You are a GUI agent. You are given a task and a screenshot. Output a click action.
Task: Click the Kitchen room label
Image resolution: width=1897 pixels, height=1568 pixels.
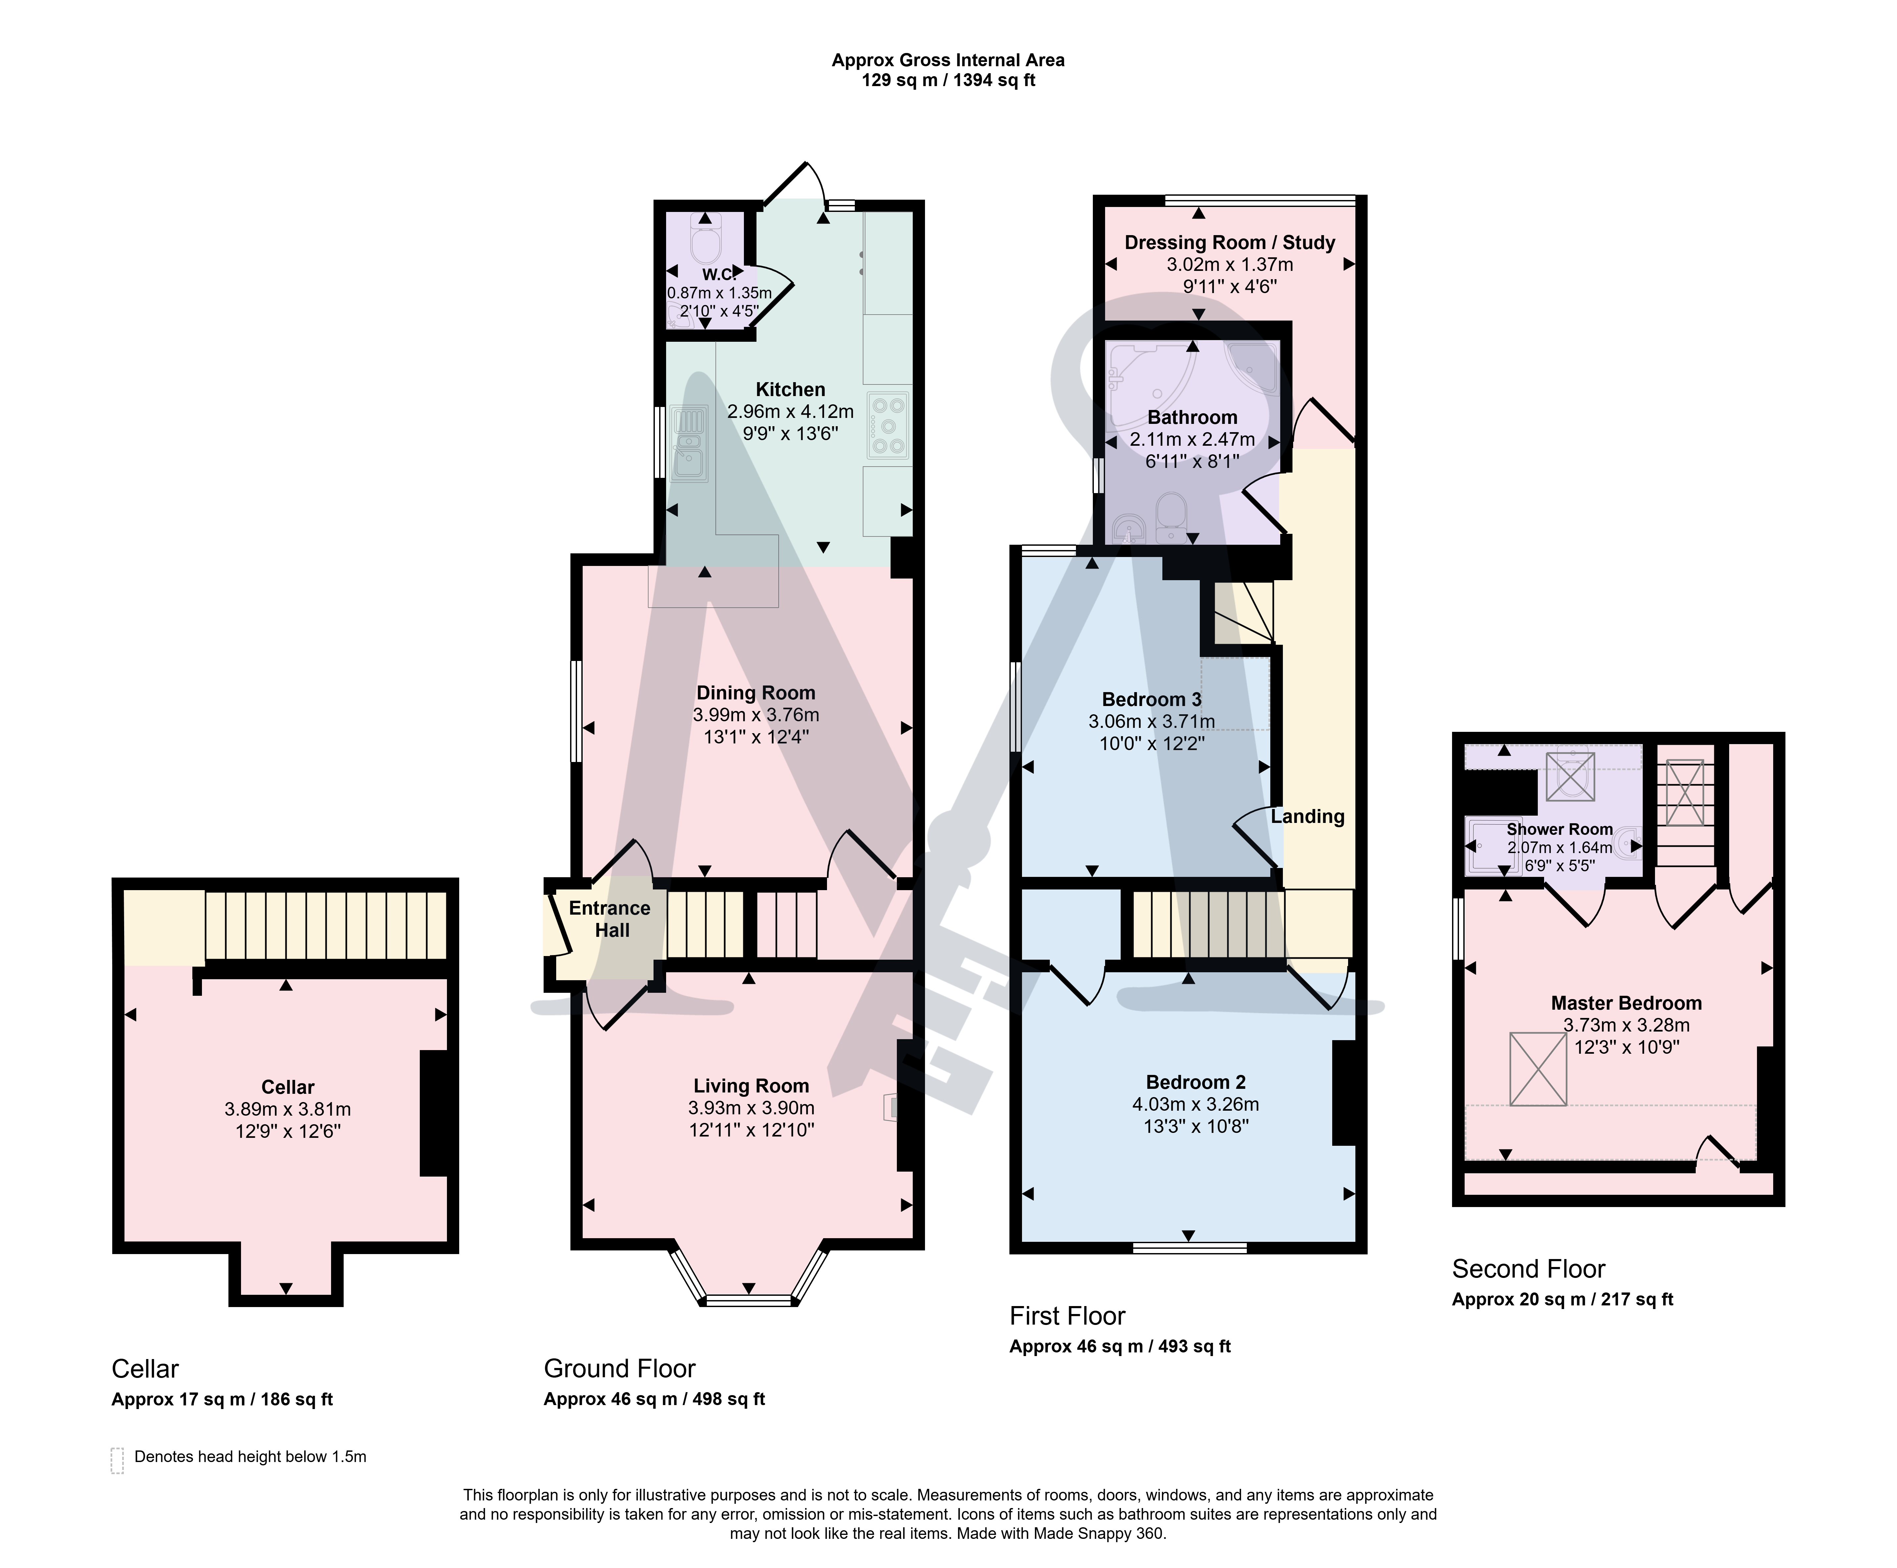point(790,389)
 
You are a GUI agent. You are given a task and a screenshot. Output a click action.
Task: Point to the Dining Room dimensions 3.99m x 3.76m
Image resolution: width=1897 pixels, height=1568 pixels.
point(756,714)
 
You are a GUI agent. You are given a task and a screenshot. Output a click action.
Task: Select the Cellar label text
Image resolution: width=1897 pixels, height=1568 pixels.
point(287,1087)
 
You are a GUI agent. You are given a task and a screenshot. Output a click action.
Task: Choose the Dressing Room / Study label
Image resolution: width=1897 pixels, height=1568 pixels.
point(1229,242)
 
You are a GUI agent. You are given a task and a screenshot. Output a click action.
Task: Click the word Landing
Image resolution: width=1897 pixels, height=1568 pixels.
point(1307,817)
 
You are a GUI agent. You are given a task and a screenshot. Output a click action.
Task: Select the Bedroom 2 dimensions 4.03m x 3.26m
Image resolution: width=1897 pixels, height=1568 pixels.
point(1195,1104)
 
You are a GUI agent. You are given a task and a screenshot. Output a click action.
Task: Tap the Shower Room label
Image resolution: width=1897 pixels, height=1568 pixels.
point(1559,829)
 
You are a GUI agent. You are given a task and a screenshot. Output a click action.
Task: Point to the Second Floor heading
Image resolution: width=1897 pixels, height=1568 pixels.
point(1529,1269)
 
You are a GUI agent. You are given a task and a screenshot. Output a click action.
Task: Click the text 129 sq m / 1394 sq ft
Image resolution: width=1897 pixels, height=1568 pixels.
point(948,80)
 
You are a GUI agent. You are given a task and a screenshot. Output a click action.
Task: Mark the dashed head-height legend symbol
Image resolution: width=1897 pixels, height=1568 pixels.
point(117,1460)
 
